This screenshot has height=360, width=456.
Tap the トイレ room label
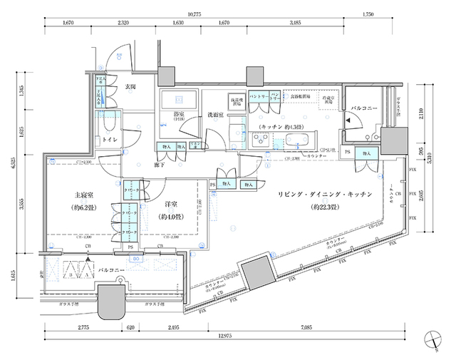pyautogui.click(x=110, y=140)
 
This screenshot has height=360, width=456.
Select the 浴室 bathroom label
pyautogui.click(x=178, y=113)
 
